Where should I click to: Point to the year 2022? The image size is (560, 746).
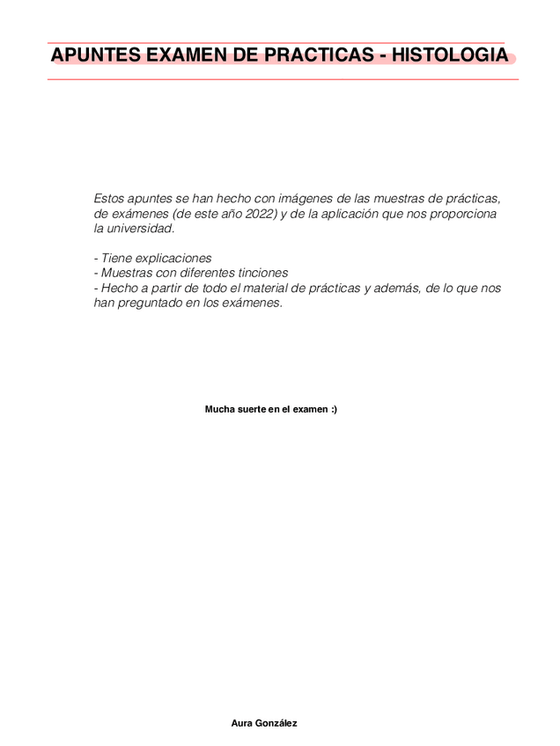[x=261, y=214]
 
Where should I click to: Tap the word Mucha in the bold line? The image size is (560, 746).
[x=219, y=410]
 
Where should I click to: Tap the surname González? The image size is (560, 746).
[x=276, y=723]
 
